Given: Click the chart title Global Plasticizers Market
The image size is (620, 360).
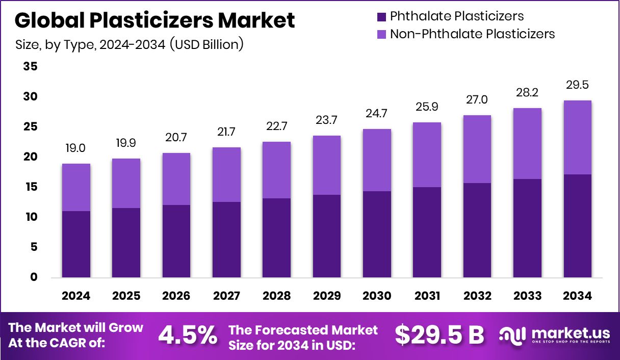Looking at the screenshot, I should point(155,20).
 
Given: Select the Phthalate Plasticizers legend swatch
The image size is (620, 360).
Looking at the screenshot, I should point(382,17).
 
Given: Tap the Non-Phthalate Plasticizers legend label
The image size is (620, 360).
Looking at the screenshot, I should point(472,34).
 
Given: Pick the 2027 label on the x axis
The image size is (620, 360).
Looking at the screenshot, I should point(226,296).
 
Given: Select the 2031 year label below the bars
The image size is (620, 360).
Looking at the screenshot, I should point(427,296).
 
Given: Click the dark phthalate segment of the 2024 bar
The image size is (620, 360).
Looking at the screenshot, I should point(76,244).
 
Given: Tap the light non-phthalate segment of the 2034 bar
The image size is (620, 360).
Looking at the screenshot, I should point(578,138).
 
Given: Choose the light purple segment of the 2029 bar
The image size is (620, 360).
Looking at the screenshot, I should point(326,165).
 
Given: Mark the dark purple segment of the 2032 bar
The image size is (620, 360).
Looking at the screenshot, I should point(477,230).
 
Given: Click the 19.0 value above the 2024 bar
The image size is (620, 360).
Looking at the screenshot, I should point(76,148).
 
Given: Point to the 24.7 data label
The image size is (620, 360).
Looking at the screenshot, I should point(377,113).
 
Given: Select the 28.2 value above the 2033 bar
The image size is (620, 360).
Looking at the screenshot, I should point(527,92).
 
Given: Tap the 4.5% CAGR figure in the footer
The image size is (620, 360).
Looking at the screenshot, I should point(188,335).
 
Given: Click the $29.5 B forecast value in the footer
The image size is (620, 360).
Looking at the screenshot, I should point(439,335).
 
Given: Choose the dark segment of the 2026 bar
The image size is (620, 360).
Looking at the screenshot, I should point(176,241).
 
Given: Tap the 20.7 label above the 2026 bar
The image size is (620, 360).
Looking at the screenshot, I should point(176,138).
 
